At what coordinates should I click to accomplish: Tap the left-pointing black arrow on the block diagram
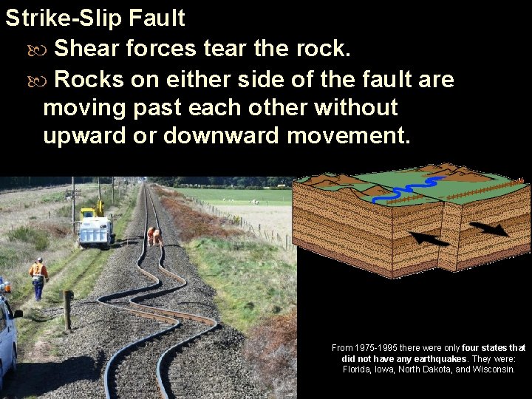coord(429,239)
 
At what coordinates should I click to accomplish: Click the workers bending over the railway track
coord(154,236)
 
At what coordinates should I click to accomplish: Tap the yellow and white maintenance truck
coord(95,225)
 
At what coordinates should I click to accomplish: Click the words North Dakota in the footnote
coord(427,369)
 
